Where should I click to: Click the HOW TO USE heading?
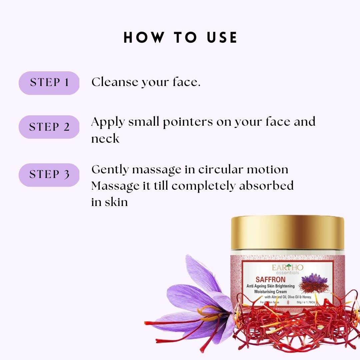tap(180, 38)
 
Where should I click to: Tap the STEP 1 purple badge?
tap(49, 83)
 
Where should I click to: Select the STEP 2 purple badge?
tap(49, 127)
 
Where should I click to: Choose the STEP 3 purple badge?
tap(49, 175)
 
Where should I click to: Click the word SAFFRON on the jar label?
tap(269, 279)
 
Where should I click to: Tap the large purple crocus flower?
tap(197, 297)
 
